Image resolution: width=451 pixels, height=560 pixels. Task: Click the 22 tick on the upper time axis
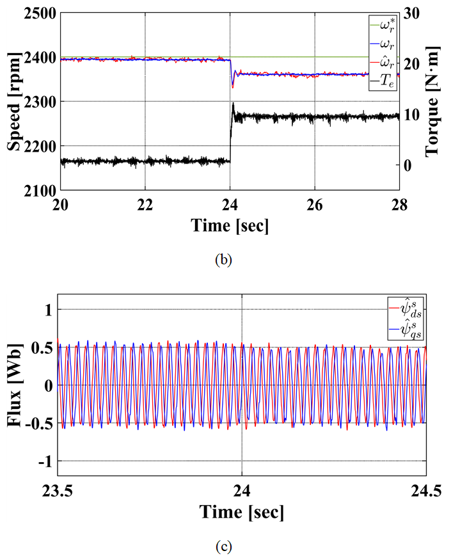pos(145,200)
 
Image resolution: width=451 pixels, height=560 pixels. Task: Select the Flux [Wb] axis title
pos(15,385)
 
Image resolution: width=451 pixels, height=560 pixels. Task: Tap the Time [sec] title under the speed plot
pos(228,225)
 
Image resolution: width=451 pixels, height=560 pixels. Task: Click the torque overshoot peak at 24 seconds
pos(233,104)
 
